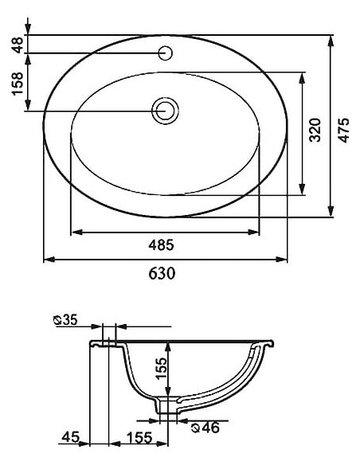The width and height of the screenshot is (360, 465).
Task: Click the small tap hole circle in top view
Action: tap(166, 54)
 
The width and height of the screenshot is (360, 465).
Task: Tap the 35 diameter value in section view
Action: tap(69, 320)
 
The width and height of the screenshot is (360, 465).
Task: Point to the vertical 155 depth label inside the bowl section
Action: tap(160, 369)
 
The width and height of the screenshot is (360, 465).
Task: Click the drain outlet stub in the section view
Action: tap(166, 407)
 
